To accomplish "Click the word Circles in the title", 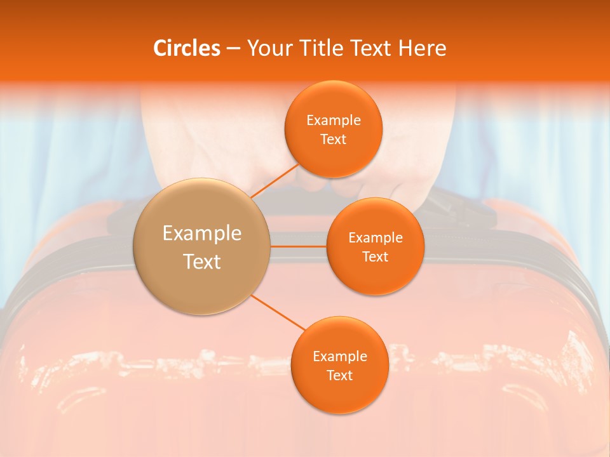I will point(186,48).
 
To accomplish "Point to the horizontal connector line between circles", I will point(299,246).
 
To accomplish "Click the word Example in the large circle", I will point(202,233).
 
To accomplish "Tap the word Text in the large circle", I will point(202,262).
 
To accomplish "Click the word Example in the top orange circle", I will point(334,120).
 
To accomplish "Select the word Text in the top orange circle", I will point(334,139).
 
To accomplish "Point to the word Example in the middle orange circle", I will point(376,237).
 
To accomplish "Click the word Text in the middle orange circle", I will point(376,256).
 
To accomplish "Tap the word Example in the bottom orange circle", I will point(340,356).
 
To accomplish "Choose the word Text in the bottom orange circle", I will point(340,375).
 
